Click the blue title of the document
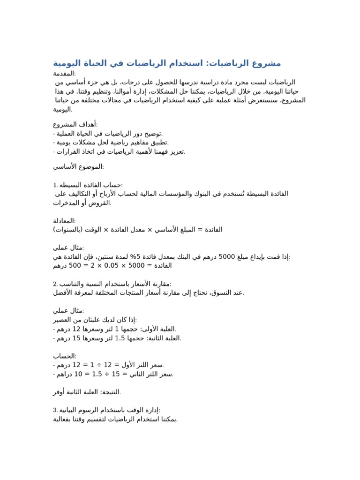(167, 63)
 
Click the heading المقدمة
(64, 74)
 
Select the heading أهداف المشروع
(75, 124)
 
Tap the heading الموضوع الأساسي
(78, 166)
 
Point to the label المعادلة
(64, 221)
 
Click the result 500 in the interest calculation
(75, 266)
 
